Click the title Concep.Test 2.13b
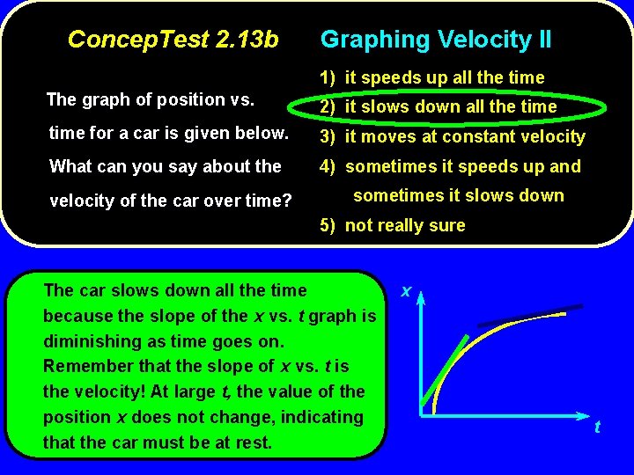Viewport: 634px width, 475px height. [x=173, y=40]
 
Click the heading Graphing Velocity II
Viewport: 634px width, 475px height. [x=436, y=40]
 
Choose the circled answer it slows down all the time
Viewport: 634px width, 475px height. [x=451, y=106]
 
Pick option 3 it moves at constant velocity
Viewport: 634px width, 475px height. [x=453, y=136]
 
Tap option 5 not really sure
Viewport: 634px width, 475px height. [x=393, y=225]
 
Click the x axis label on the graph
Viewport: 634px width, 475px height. [x=406, y=289]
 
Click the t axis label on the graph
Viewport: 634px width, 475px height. [x=597, y=427]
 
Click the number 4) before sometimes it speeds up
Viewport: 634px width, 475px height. [x=328, y=166]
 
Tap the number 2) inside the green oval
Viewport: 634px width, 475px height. [x=328, y=107]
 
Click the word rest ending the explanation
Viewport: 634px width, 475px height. [x=254, y=442]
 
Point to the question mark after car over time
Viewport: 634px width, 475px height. [x=286, y=201]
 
